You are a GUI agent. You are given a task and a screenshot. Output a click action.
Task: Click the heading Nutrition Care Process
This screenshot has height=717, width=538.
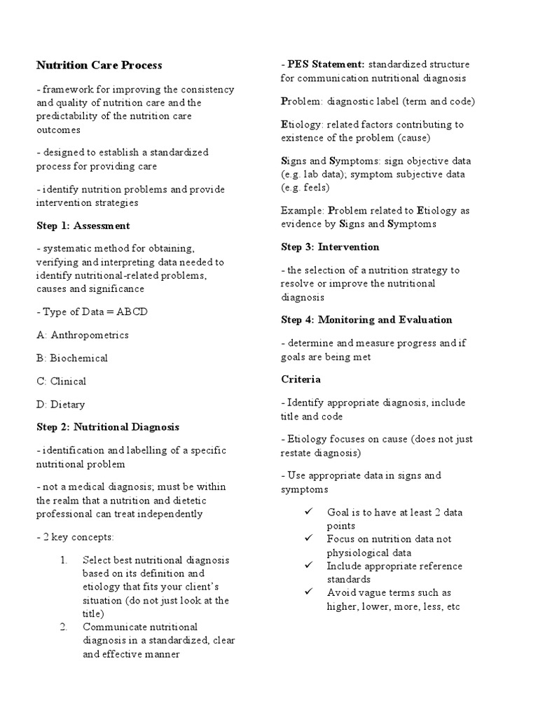99,65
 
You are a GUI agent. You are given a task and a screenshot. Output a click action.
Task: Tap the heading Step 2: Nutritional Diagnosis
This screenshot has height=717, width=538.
108,426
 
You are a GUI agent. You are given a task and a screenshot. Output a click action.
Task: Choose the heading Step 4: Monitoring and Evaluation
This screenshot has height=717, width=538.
366,320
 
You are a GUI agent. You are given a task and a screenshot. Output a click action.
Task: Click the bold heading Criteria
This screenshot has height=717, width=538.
301,380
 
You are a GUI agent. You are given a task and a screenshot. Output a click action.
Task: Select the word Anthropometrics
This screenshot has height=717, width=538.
90,335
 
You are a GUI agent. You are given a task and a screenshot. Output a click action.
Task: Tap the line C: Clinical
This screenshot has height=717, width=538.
62,382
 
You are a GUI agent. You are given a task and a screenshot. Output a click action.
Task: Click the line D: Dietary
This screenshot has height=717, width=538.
60,405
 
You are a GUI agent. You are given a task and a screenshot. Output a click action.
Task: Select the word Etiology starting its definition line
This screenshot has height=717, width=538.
301,125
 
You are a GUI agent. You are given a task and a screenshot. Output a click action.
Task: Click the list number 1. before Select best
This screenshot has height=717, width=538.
64,560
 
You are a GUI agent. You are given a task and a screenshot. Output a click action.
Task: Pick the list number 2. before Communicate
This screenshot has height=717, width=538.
64,627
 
